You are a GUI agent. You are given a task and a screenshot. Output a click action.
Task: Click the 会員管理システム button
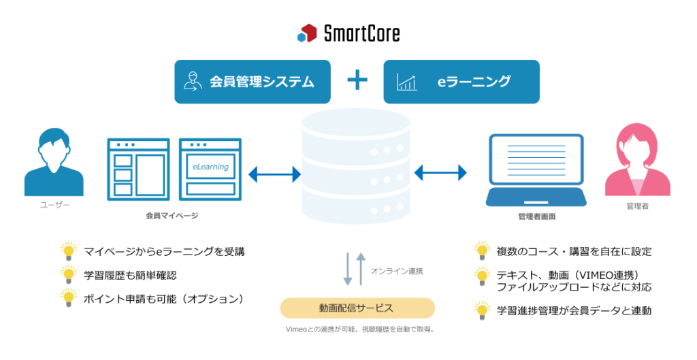point(252,82)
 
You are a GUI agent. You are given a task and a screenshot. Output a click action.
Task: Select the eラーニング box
point(461,82)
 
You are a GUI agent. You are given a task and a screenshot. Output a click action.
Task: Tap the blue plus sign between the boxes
point(357,81)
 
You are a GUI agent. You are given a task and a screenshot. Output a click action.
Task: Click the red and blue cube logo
point(307,33)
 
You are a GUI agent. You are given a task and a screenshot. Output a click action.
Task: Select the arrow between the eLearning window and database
point(274,174)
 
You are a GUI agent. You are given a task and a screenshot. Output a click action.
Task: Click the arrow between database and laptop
point(440,173)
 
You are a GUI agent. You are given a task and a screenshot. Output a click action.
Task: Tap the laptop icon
point(536,170)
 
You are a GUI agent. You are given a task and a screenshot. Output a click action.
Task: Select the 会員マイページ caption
point(172,215)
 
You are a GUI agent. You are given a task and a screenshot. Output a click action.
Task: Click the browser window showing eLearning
point(210,169)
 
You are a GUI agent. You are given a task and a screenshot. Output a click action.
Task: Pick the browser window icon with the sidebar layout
point(137,169)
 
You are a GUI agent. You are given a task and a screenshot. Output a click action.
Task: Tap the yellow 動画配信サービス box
point(357,308)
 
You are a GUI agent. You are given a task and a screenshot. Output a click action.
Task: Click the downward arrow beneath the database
point(348,269)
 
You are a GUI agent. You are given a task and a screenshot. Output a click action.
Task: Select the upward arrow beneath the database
point(361,268)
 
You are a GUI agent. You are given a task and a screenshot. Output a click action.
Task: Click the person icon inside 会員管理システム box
point(193,82)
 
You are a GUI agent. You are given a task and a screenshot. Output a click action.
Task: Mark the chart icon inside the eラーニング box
point(407,82)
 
